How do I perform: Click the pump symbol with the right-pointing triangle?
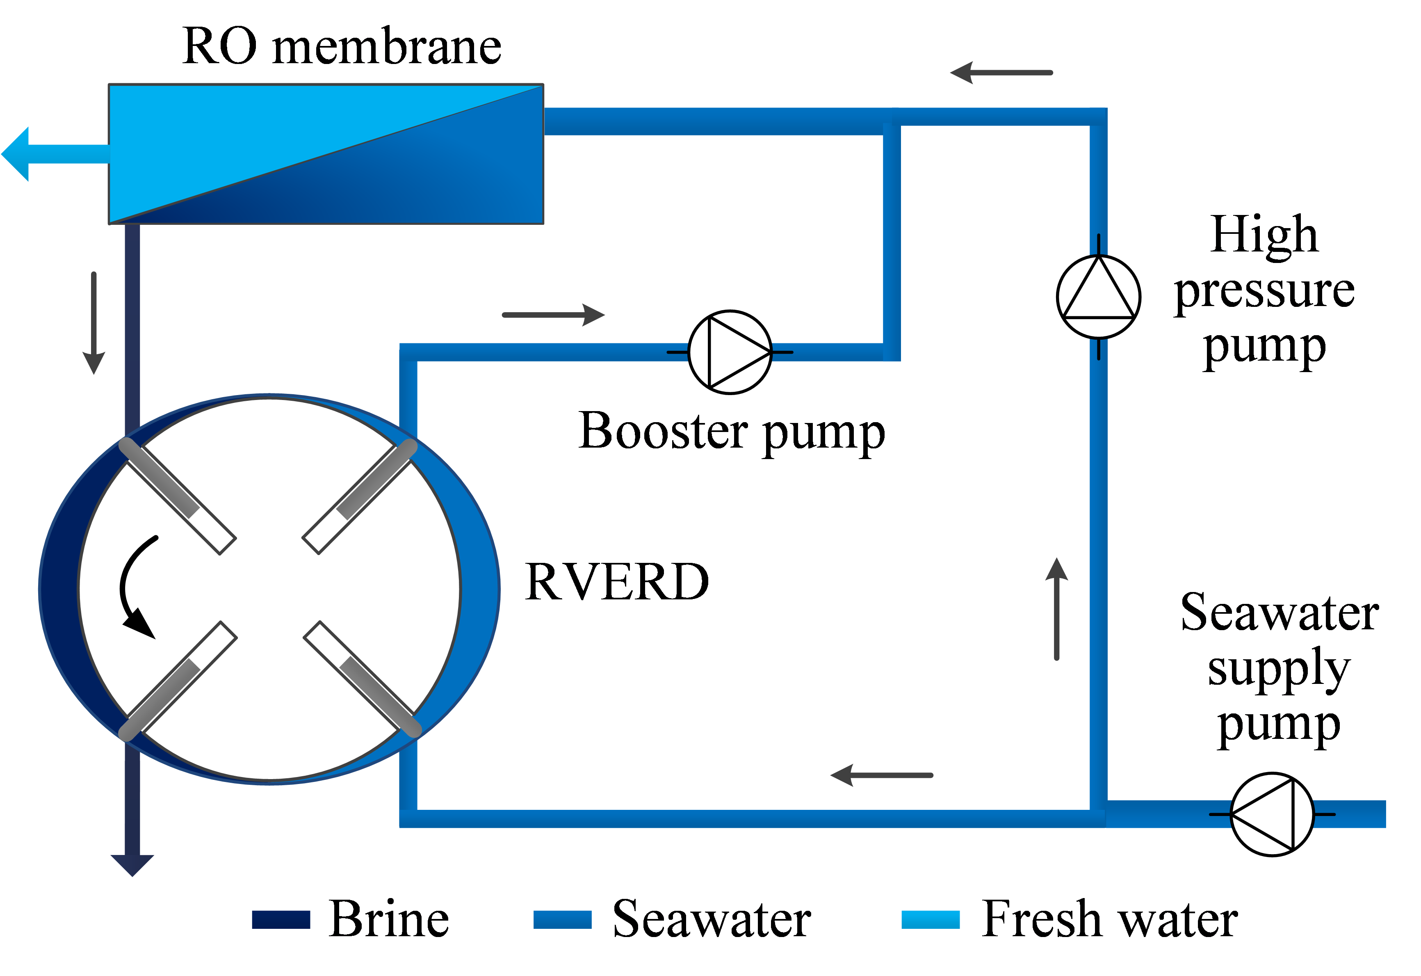tap(730, 352)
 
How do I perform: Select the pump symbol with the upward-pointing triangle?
tap(1098, 297)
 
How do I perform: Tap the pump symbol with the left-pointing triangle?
tap(1272, 814)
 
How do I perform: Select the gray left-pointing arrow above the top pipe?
tap(1000, 73)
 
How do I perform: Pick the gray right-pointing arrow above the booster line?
tap(553, 315)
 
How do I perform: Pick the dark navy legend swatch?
tap(281, 919)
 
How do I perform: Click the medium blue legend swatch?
tap(563, 919)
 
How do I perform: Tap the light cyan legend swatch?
tap(930, 919)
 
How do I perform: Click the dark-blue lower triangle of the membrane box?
tap(428, 183)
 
